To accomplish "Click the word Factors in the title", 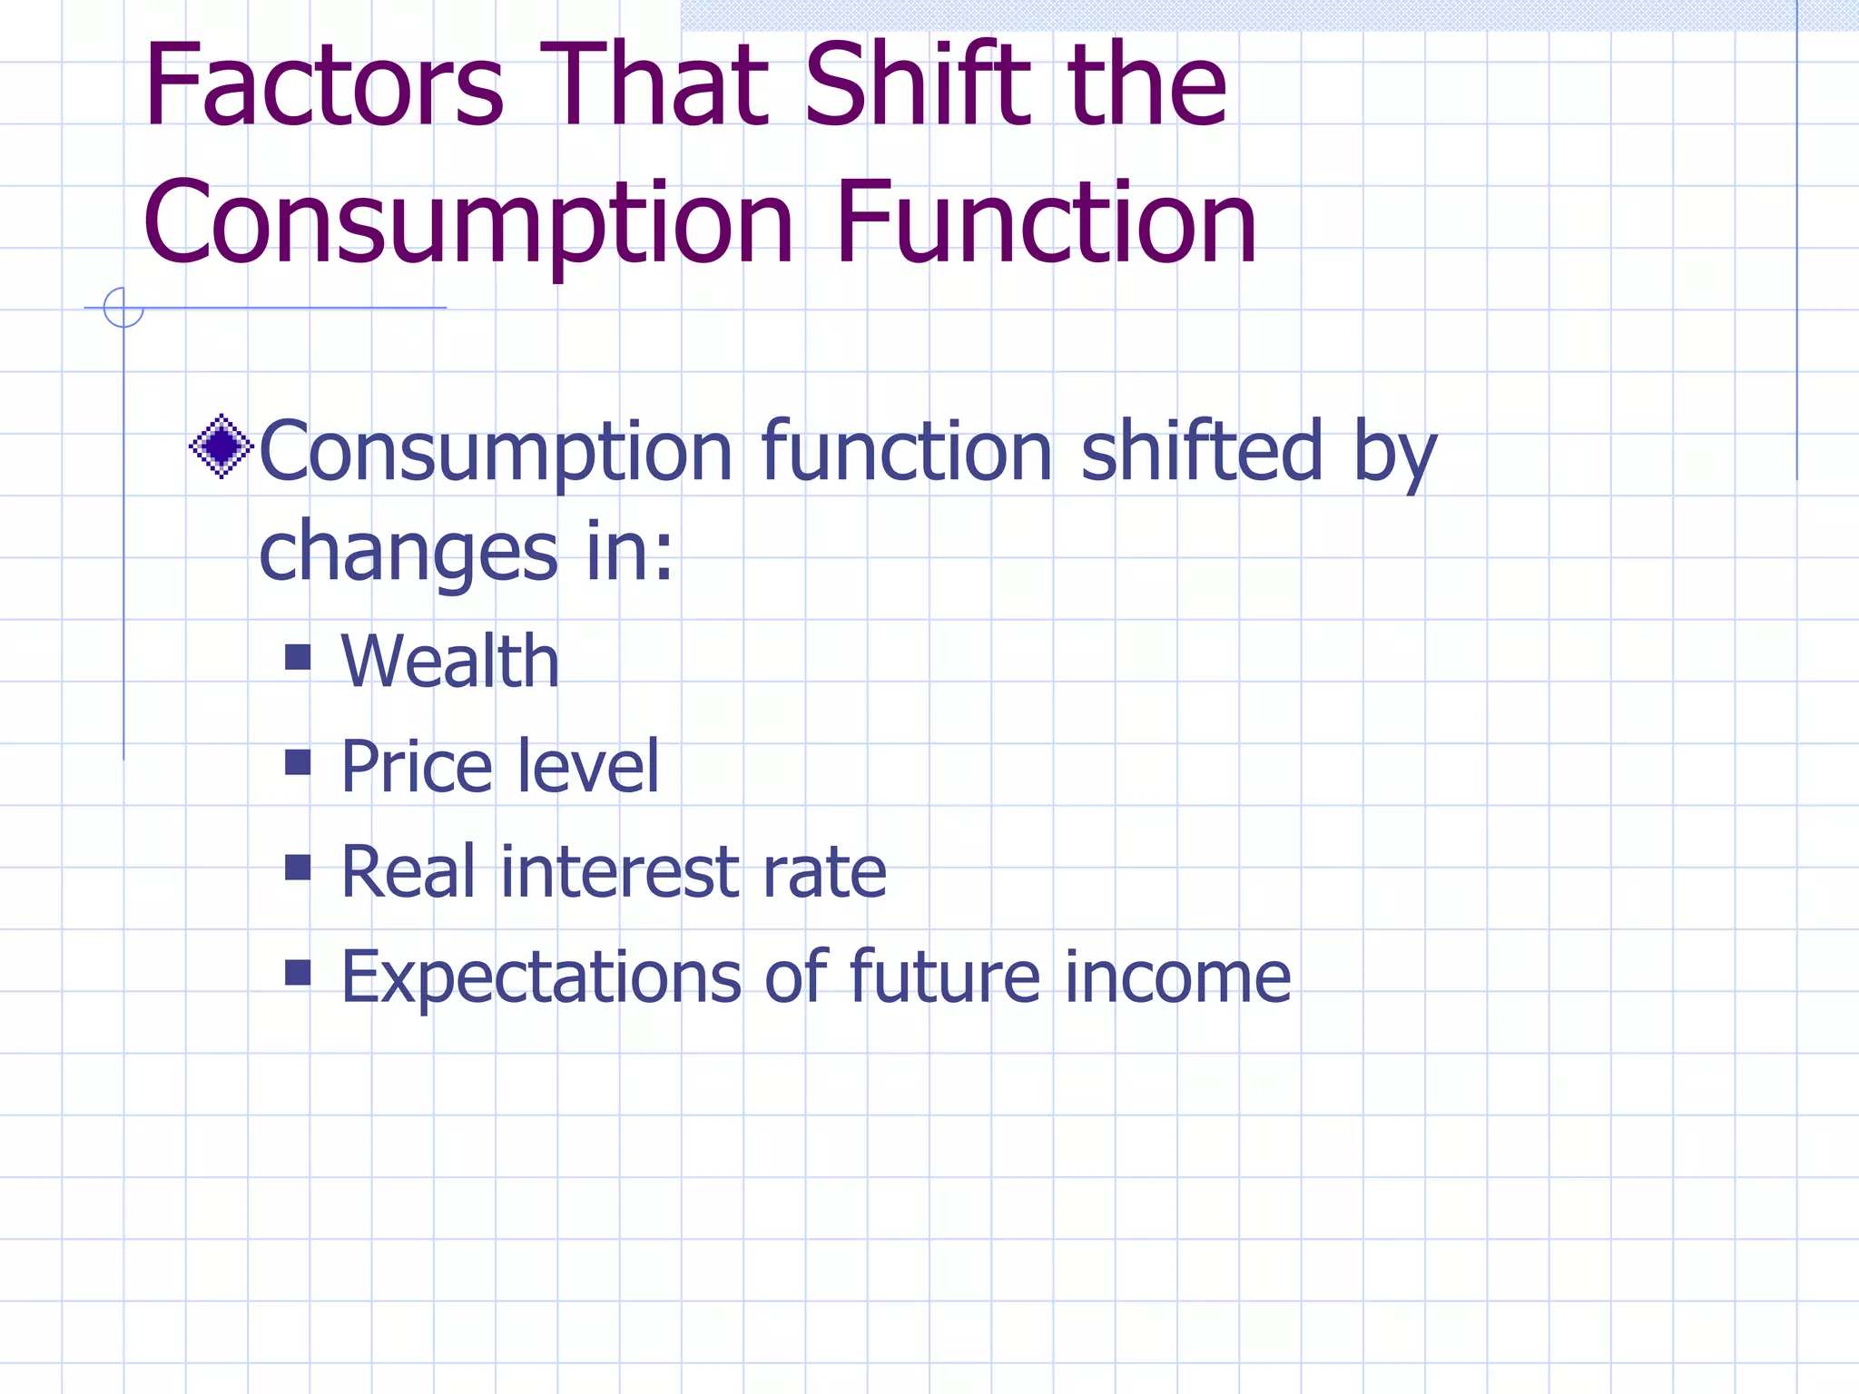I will coord(322,86).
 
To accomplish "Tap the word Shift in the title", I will coord(918,86).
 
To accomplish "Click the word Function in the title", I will coord(1046,224).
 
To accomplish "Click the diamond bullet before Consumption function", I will coord(221,447).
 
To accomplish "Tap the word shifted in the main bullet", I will coord(1202,451).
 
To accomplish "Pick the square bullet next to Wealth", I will coord(298,656).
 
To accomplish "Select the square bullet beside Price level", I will coord(298,761).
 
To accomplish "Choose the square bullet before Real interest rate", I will coord(298,867).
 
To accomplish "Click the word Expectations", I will coord(541,978).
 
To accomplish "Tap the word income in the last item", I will coord(1177,977).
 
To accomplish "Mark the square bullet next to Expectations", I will coord(298,972).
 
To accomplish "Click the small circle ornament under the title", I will coord(123,308).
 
